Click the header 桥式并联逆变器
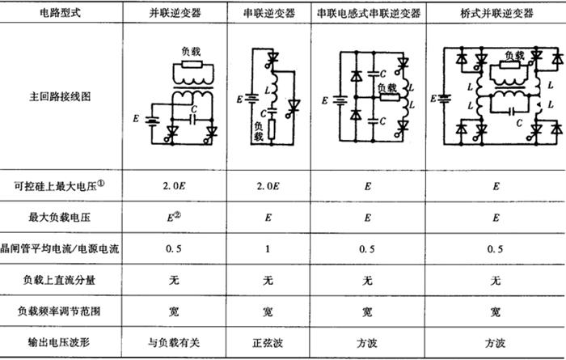[x=495, y=13]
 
